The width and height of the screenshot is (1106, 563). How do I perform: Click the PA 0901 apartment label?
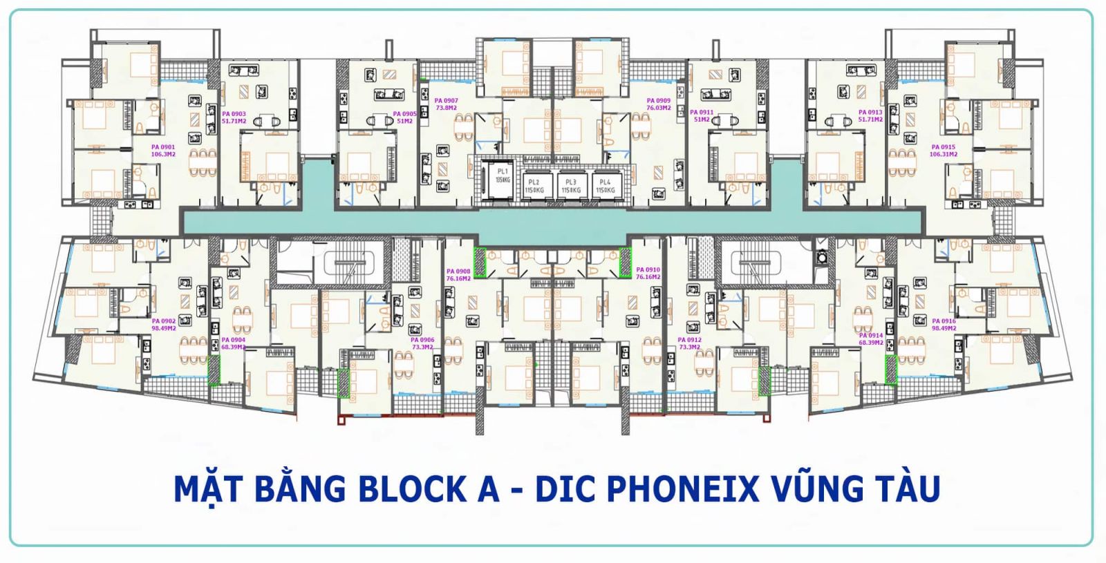[163, 151]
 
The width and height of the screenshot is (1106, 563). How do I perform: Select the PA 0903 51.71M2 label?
[234, 117]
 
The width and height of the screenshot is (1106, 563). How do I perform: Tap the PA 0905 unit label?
[404, 117]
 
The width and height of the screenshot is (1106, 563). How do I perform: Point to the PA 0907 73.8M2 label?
[446, 104]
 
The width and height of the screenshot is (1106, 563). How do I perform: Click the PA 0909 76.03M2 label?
[658, 104]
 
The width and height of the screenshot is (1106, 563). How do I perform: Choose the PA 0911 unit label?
[702, 115]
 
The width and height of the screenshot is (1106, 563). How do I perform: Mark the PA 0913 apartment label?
[870, 115]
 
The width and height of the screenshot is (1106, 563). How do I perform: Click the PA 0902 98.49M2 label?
[164, 325]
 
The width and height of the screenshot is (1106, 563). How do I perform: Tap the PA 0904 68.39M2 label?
[233, 343]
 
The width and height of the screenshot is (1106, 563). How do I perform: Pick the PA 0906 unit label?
[422, 343]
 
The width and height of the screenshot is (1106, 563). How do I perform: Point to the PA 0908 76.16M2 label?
[458, 275]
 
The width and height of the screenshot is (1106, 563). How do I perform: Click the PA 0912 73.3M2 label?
[689, 343]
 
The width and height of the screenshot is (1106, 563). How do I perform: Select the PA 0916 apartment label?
[944, 325]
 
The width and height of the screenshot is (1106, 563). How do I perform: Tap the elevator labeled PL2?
[534, 186]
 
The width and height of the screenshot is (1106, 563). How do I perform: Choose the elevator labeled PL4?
[605, 186]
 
